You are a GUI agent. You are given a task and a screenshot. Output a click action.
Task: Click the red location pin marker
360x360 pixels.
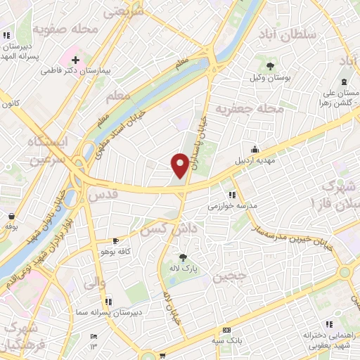[180, 165]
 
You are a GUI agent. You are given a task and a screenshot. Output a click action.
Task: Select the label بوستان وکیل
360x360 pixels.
[270, 77]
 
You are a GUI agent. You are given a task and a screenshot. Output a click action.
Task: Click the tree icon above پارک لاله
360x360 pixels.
[183, 258]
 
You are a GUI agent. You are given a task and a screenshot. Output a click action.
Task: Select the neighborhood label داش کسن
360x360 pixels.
[166, 230]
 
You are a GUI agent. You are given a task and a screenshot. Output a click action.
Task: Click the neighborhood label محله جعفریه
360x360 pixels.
[259, 110]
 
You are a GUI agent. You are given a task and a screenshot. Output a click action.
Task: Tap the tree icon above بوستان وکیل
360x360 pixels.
[270, 67]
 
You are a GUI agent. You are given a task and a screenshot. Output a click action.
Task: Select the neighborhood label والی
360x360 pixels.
[93, 285]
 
